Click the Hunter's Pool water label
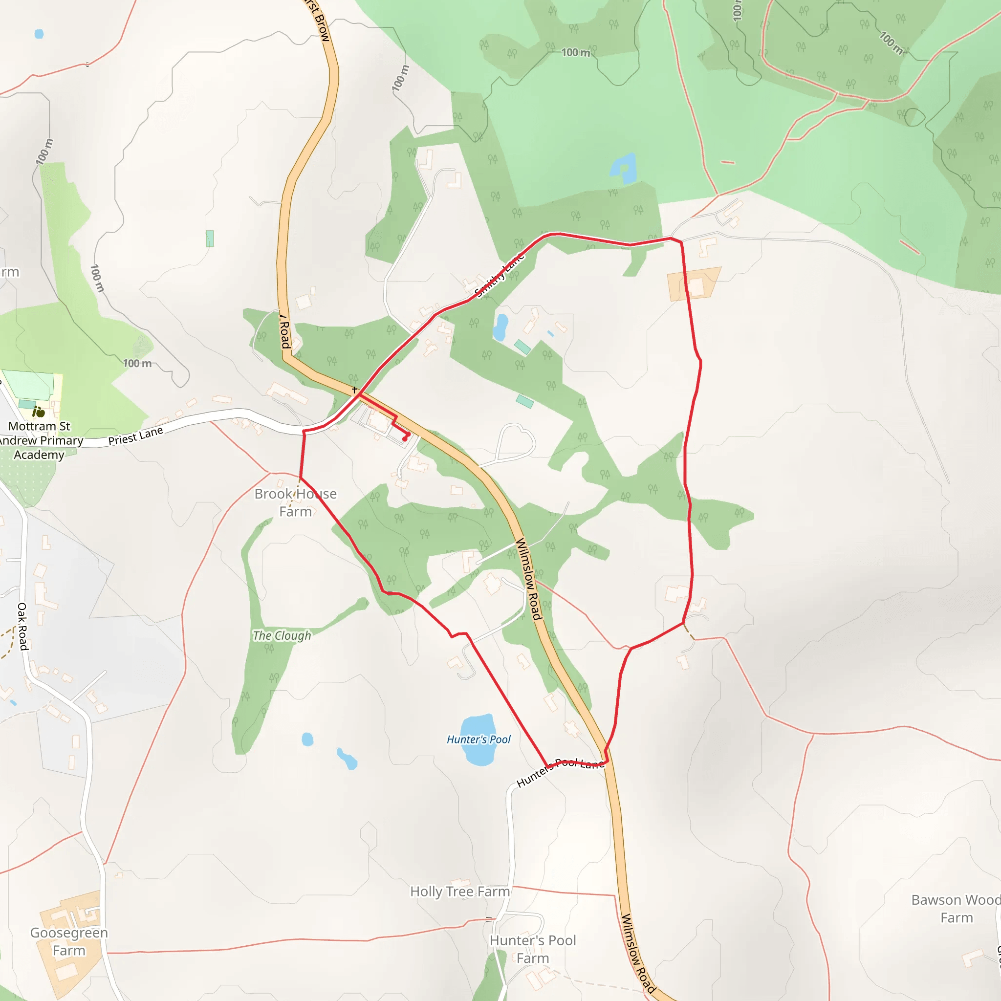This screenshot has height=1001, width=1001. coord(478,740)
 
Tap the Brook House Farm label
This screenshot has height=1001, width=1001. coord(295,502)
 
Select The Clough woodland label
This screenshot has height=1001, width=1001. coord(282,636)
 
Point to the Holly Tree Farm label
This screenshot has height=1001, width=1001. coord(460,892)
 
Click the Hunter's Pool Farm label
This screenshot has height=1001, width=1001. coord(533,949)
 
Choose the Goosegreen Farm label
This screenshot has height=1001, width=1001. coord(69,941)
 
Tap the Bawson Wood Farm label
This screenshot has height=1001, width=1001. coord(956,909)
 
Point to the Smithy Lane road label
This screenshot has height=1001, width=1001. coord(500,276)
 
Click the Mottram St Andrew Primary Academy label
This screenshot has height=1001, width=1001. coord(40,440)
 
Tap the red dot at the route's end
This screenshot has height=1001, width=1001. coord(405,439)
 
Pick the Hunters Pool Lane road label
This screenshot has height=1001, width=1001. coord(560,771)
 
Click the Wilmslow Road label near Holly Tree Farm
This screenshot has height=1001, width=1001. coord(638,953)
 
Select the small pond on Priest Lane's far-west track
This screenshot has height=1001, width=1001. coord(39,34)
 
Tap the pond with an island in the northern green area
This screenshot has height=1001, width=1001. coord(624,169)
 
